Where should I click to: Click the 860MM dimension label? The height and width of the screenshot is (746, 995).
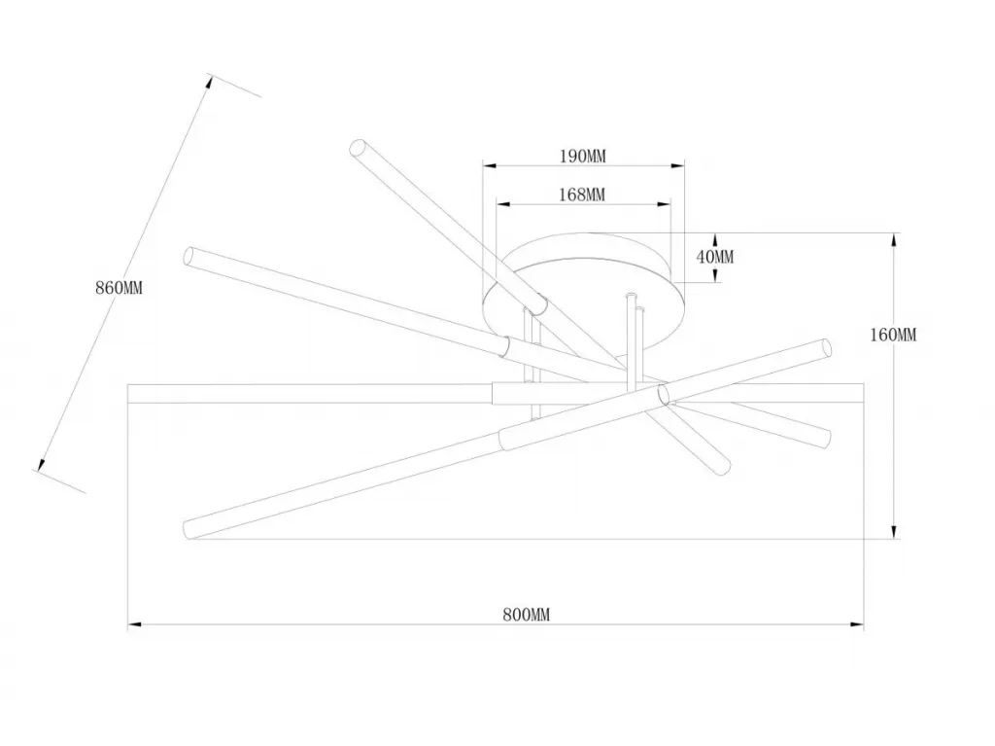(120, 288)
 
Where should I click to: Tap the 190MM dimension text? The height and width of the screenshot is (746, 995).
(583, 156)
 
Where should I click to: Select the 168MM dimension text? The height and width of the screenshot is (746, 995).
(582, 195)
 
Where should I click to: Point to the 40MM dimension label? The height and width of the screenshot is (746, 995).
(715, 257)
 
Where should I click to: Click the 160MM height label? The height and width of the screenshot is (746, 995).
(893, 335)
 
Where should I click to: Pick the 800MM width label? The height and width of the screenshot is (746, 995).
(527, 615)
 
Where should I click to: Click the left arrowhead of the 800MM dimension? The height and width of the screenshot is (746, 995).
(134, 624)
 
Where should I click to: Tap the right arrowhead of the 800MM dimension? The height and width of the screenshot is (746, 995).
(857, 624)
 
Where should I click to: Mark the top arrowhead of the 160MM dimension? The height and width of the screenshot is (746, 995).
(894, 240)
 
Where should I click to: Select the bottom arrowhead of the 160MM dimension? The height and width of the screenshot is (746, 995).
(894, 532)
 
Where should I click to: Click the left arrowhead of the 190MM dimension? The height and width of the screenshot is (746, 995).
(490, 166)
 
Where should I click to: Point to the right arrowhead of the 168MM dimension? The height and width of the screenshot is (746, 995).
(664, 204)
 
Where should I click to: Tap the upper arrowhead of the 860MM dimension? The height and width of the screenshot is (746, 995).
(208, 84)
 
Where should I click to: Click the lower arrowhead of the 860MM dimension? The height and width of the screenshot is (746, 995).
(42, 465)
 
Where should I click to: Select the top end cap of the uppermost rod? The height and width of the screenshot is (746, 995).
(358, 148)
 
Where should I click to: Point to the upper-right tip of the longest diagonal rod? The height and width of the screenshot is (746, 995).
(826, 348)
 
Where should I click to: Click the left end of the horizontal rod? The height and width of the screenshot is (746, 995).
(128, 393)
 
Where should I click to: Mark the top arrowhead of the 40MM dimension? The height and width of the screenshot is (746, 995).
(715, 240)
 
